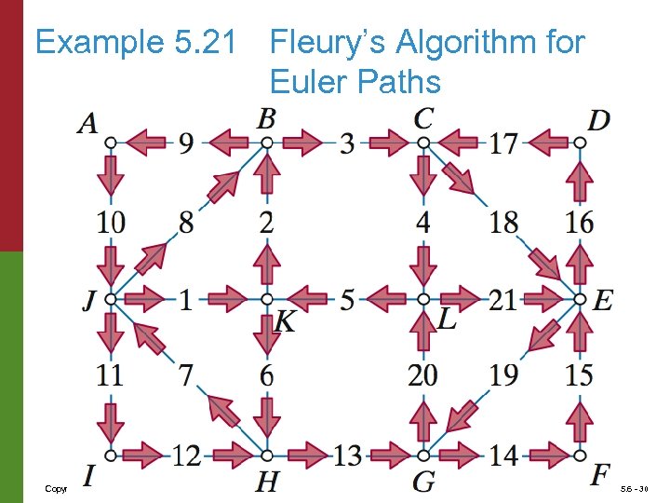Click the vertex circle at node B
266,143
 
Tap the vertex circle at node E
579,299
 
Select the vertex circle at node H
266,455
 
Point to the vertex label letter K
286,322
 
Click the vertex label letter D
599,120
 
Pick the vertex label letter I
89,476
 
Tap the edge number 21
503,300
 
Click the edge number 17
503,143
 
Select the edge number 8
187,222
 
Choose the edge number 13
347,456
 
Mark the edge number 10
110,222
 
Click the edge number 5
346,300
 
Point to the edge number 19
503,376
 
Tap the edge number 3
346,143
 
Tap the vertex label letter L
447,320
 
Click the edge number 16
579,222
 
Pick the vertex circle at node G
422,455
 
